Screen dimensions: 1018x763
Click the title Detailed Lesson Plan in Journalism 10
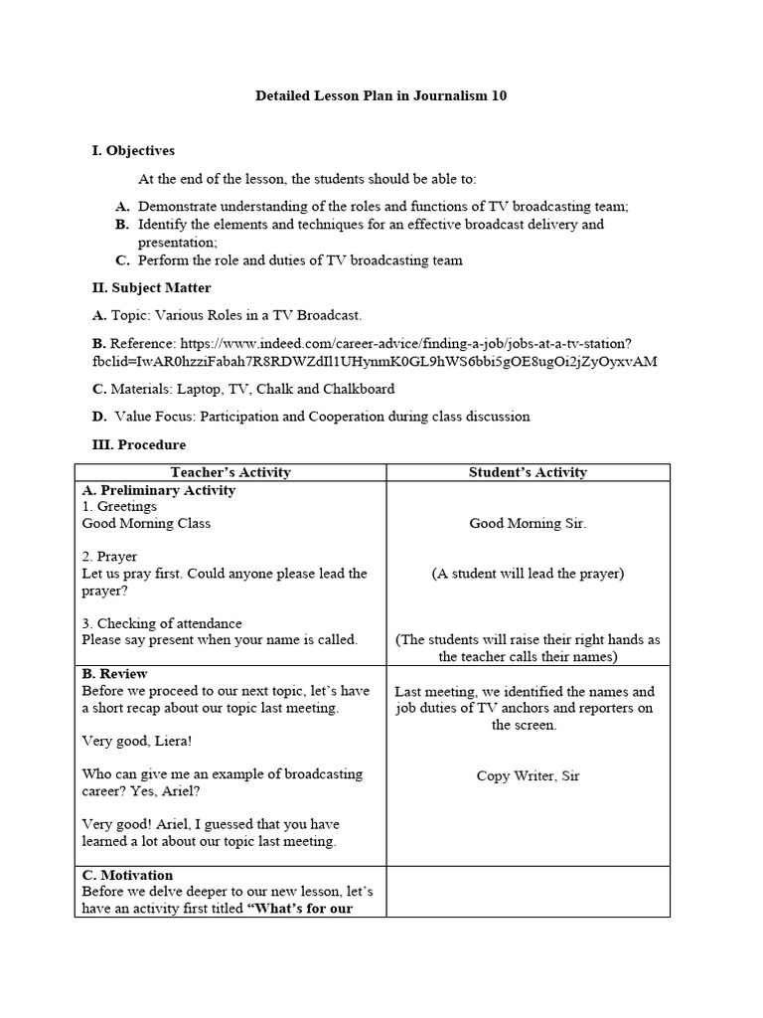pyautogui.click(x=382, y=95)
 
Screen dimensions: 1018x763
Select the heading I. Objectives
pyautogui.click(x=132, y=151)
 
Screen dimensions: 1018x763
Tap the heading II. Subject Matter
pyautogui.click(x=151, y=288)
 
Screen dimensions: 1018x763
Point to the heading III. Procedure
pyautogui.click(x=138, y=444)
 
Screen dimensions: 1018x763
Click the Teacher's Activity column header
pyautogui.click(x=230, y=472)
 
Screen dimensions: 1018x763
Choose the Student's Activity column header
pyautogui.click(x=528, y=472)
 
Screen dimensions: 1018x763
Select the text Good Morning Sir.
pyautogui.click(x=528, y=523)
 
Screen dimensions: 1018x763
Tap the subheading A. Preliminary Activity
pyautogui.click(x=158, y=490)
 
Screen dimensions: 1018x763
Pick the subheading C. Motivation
pyautogui.click(x=127, y=875)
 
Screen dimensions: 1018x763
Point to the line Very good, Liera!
pyautogui.click(x=137, y=741)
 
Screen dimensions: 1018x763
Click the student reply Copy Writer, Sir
pyautogui.click(x=528, y=775)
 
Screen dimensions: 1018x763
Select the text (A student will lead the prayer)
pyautogui.click(x=528, y=574)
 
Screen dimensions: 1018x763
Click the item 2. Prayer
pyautogui.click(x=109, y=557)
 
